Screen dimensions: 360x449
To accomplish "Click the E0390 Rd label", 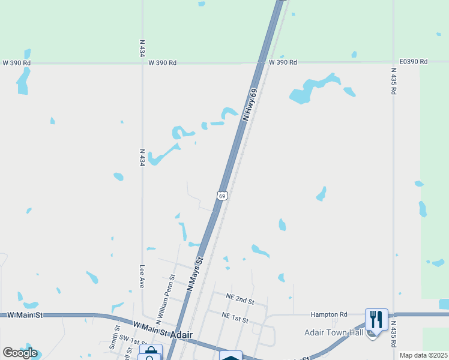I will coord(413,62).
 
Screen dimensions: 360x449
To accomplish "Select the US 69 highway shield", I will coord(222,196).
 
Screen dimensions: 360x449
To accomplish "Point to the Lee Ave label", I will coord(142,277).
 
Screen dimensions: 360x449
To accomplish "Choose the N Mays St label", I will coord(196,274).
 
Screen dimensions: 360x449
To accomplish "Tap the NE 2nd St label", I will coord(240,298).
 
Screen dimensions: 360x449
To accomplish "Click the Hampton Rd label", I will coord(329,314).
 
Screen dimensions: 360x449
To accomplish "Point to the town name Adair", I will coord(182,334).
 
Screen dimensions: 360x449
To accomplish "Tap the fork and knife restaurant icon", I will coord(376,319).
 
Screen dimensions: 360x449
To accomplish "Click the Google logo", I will coord(19,353).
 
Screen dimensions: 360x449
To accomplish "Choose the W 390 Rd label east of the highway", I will coord(283,62).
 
